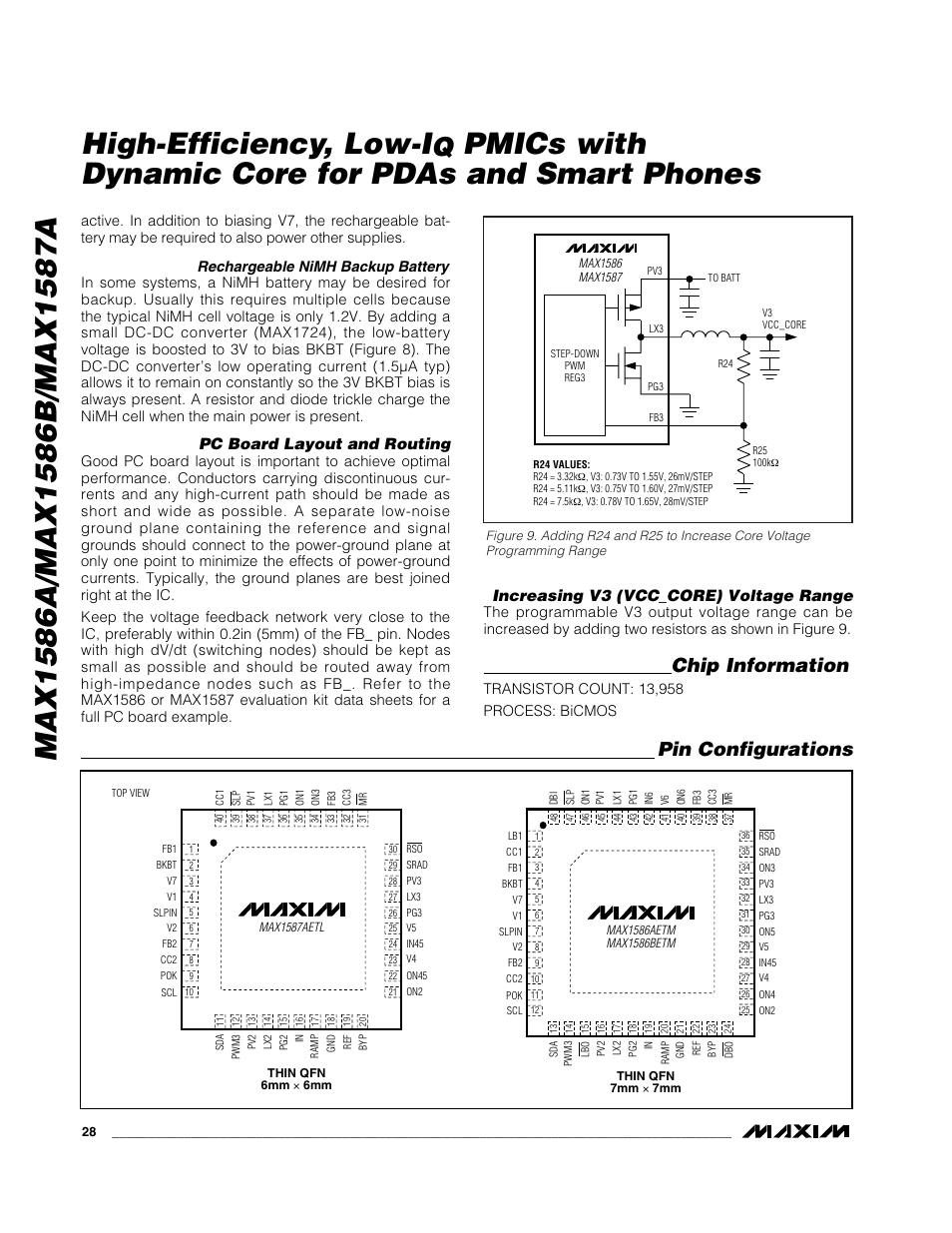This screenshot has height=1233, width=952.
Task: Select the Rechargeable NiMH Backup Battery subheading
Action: pos(322,267)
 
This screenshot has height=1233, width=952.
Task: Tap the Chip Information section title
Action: pos(760,666)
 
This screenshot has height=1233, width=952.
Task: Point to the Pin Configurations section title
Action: pos(761,749)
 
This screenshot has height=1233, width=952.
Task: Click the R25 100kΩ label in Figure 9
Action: pos(765,455)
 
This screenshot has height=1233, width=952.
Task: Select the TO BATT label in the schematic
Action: pos(723,278)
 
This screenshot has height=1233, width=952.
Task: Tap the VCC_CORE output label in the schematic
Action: pos(783,324)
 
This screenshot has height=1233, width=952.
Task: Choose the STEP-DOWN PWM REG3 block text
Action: pos(574,365)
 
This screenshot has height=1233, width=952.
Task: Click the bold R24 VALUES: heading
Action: pos(562,464)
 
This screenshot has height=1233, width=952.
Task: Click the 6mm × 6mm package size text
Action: pos(296,1085)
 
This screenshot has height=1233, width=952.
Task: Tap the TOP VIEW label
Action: pos(131,793)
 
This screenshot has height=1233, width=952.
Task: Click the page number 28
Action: pos(89,1132)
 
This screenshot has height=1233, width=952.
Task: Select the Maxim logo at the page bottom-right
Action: pos(795,1131)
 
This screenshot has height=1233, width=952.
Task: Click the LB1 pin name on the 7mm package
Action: pos(515,836)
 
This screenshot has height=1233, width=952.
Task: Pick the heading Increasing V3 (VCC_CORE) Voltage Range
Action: pos(674,596)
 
